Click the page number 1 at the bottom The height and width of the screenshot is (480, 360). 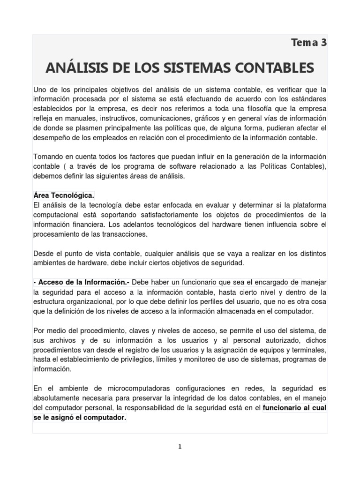pos(180,447)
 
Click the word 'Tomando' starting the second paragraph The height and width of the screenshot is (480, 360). pos(48,156)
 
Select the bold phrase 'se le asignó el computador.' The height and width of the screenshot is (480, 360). pos(80,418)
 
